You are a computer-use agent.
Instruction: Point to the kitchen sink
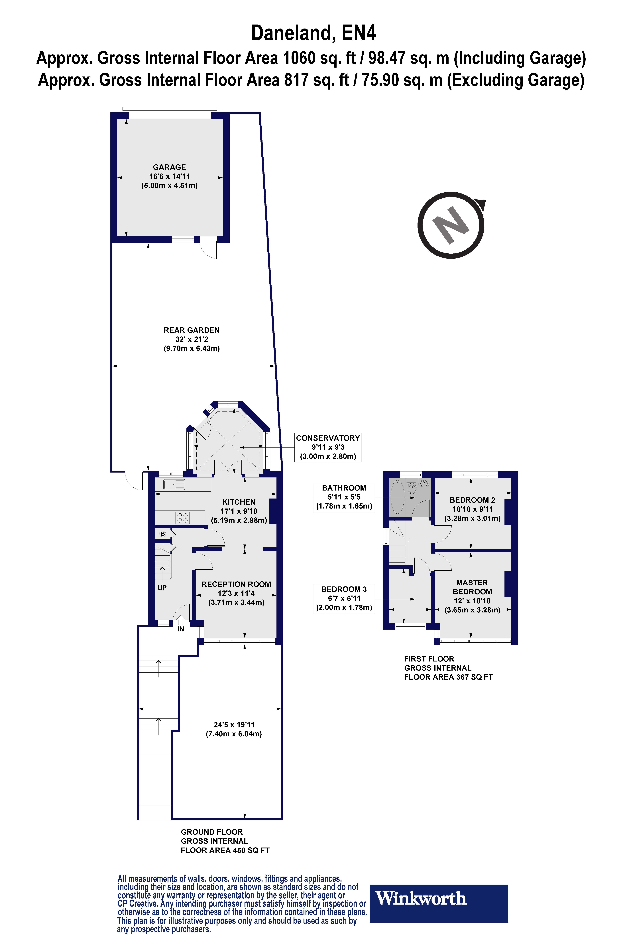174,485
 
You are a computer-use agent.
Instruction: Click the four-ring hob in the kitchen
183,518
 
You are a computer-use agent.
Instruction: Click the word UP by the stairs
162,588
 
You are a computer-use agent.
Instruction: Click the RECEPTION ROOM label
236,584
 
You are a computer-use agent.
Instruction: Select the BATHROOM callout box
344,497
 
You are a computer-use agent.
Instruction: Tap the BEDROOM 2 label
472,500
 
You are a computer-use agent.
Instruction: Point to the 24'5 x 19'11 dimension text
234,725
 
